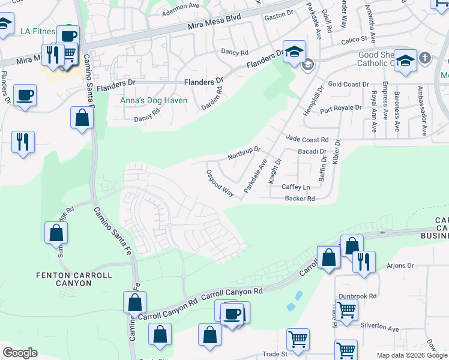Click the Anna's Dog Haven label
(154, 100)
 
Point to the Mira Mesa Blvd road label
(214, 22)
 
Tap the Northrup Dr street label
(244, 153)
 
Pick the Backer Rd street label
(300, 198)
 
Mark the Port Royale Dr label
(340, 108)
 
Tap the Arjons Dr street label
(400, 265)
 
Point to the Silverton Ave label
(379, 329)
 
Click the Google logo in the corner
(20, 353)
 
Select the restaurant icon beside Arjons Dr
(364, 262)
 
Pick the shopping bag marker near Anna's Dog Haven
(82, 117)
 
